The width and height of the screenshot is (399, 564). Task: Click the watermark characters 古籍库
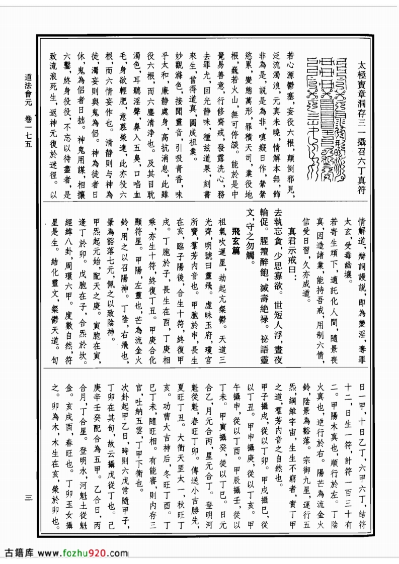click(x=19, y=553)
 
